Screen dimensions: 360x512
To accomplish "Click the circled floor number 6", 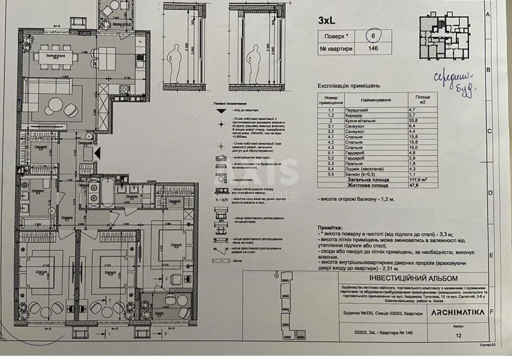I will click(x=373, y=36).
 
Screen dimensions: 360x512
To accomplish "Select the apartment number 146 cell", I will click(x=373, y=49).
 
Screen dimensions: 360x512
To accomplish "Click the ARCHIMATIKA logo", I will click(x=457, y=312).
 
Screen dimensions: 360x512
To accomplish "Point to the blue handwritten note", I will click(x=454, y=82).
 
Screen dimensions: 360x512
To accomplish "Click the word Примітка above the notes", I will click(x=330, y=228).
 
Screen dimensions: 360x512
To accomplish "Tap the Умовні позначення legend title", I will click(x=230, y=104).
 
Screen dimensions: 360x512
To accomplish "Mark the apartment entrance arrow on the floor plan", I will click(x=98, y=152).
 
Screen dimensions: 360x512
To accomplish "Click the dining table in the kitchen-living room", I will click(x=55, y=56).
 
